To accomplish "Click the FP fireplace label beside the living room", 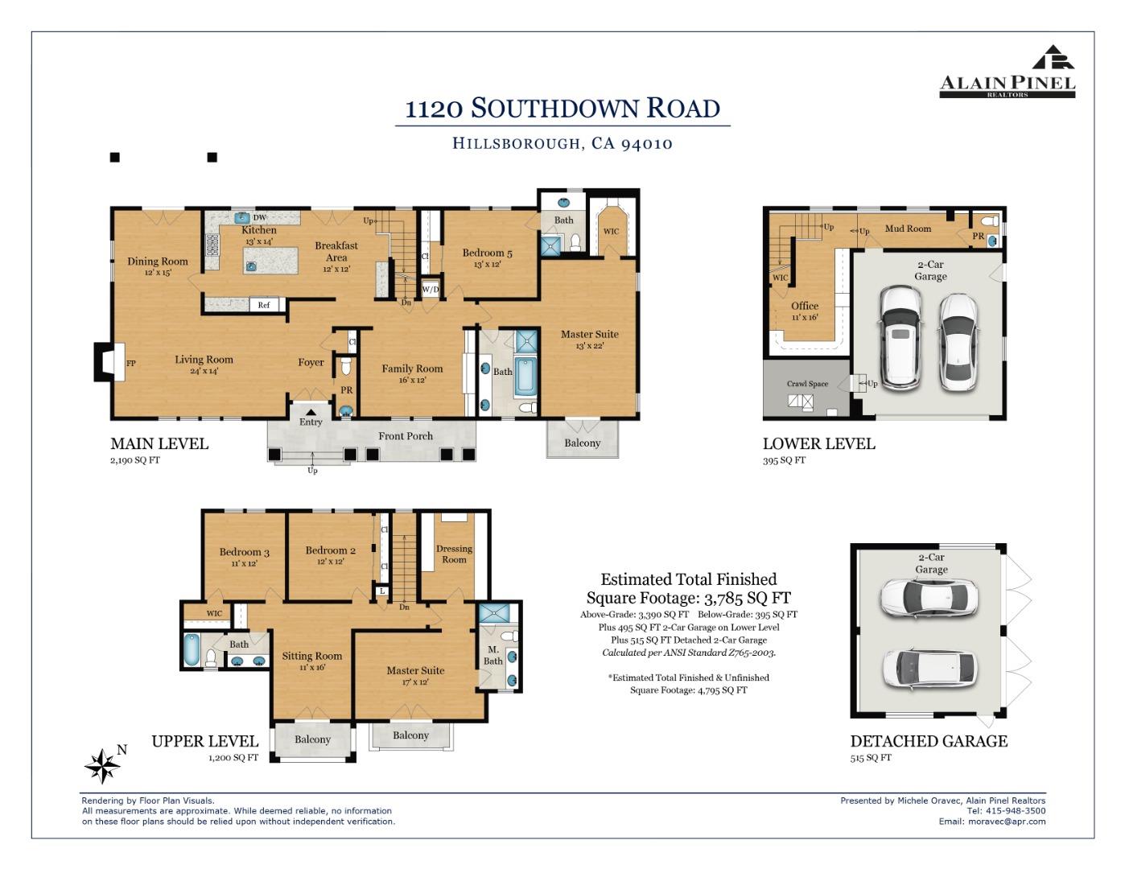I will pos(130,364).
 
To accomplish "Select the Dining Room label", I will pos(158,262).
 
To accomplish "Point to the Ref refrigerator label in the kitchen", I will pos(263,305).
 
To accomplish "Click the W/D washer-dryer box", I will pos(431,289).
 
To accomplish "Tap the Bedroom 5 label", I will pos(487,253).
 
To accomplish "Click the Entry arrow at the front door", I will pos(311,413).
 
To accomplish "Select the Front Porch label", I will pos(406,436).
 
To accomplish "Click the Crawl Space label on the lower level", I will pos(807,384).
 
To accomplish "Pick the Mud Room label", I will pos(908,229).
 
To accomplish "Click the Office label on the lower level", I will pos(805,306).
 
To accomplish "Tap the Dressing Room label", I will pos(454,554).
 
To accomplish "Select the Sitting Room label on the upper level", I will pos(311,656).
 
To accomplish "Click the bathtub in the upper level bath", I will pos(191,649).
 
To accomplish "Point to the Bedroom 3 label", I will pos(244,552).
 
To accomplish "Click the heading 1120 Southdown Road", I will pos(562,108).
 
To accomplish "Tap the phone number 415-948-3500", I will pos(1018,811).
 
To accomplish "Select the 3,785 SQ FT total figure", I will pos(747,598).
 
